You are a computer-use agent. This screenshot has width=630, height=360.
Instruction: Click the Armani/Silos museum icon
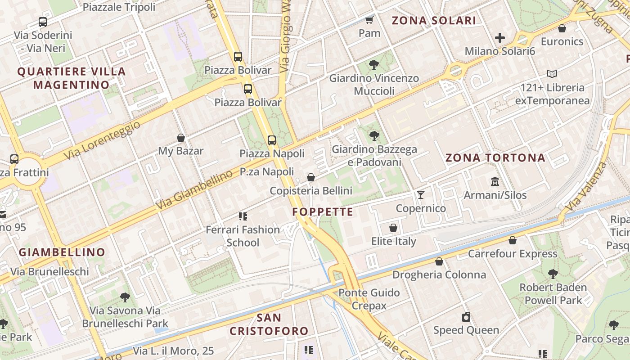[x=495, y=182]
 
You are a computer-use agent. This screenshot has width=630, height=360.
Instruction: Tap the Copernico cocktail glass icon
[x=421, y=194]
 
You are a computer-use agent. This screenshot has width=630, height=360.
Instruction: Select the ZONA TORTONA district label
[x=495, y=158]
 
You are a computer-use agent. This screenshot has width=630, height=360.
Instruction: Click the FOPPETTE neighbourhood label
[x=323, y=212]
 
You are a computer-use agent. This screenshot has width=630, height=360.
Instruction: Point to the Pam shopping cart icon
[x=369, y=20]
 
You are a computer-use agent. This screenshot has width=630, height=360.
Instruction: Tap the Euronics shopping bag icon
[x=562, y=29]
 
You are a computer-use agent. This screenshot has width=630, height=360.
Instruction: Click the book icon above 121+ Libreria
[x=552, y=74]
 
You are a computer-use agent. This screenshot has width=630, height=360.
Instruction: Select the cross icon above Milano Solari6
[x=499, y=38]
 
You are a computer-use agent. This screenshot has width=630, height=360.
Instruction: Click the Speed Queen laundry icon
[x=466, y=317]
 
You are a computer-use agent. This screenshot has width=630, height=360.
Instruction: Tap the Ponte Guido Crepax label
[x=369, y=299]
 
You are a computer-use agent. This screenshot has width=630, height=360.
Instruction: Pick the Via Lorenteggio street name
[x=102, y=140]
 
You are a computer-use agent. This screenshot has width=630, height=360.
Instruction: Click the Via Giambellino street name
[x=194, y=192]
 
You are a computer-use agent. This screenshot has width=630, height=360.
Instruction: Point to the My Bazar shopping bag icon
[x=181, y=138]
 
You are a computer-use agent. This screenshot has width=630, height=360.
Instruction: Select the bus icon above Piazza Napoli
[x=272, y=140]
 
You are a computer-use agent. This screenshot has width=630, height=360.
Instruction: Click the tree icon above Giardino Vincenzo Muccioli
[x=373, y=65]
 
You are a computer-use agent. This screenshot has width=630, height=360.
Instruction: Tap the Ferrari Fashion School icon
[x=243, y=216]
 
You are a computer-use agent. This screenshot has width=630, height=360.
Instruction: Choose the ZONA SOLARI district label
[x=434, y=21]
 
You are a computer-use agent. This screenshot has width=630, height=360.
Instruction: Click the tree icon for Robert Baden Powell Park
[x=553, y=274]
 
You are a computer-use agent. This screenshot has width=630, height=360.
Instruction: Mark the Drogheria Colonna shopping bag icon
[x=439, y=261]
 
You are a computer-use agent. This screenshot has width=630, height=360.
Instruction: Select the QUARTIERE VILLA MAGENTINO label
[x=72, y=78]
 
